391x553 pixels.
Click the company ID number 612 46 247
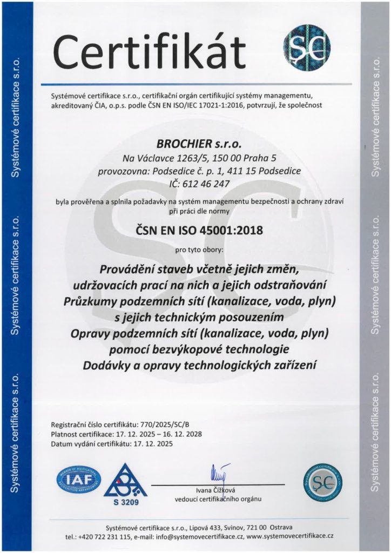[208, 184]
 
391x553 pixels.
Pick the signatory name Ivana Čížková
[214, 490]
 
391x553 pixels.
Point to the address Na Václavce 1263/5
[157, 158]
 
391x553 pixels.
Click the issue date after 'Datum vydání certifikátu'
[157, 444]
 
